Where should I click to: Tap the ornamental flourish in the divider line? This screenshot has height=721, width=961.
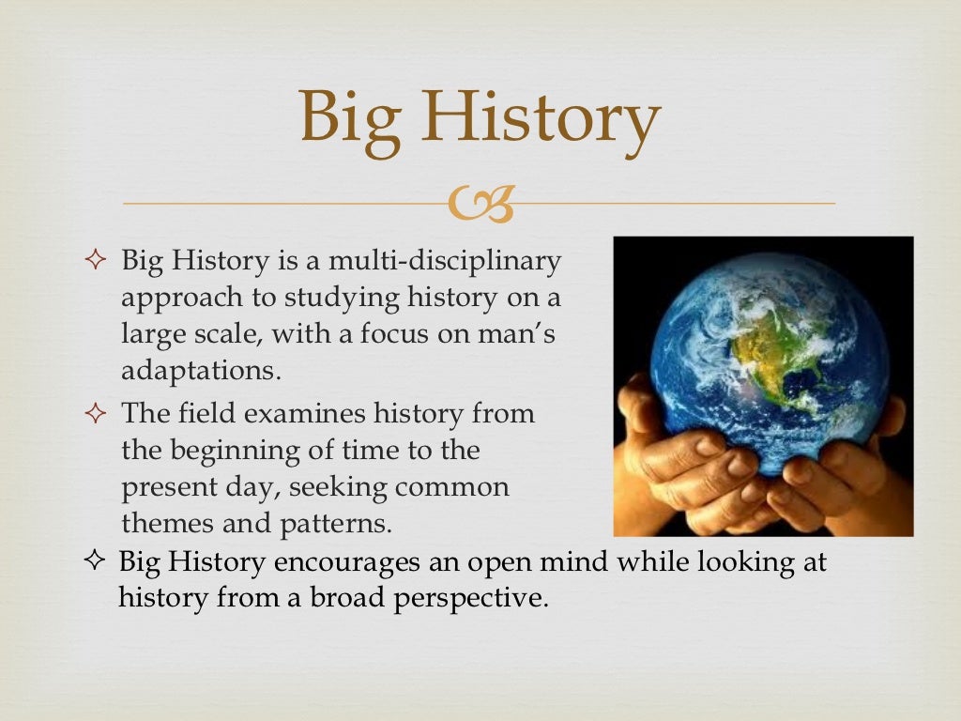pos(480,204)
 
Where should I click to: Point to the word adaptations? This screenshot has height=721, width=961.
pos(200,369)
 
